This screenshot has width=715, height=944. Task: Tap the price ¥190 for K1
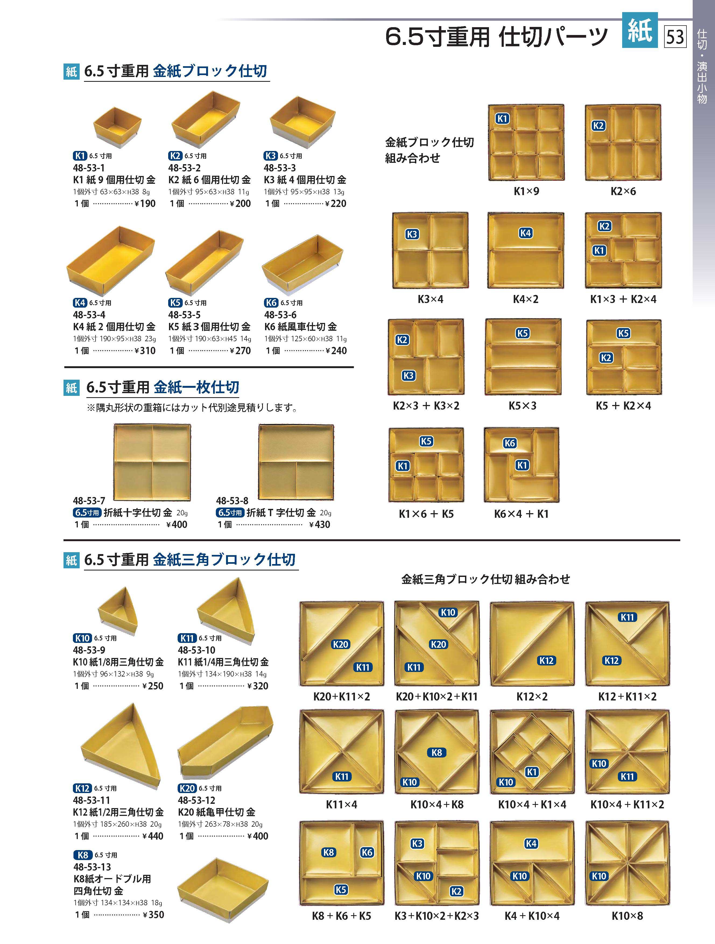tap(145, 203)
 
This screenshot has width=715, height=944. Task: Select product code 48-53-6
tap(280, 315)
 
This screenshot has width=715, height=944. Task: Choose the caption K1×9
tap(526, 191)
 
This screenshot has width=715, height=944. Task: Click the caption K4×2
tap(526, 299)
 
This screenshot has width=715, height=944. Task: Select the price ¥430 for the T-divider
tap(320, 524)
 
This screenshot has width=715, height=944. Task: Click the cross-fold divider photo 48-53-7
tap(152, 462)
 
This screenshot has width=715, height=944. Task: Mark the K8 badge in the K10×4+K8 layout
tap(437, 752)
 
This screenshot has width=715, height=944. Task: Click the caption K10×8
tap(627, 915)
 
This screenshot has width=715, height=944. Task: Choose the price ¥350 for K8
tap(153, 915)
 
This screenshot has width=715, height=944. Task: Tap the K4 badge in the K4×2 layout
tap(526, 233)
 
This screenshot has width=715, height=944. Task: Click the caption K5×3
tap(523, 406)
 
